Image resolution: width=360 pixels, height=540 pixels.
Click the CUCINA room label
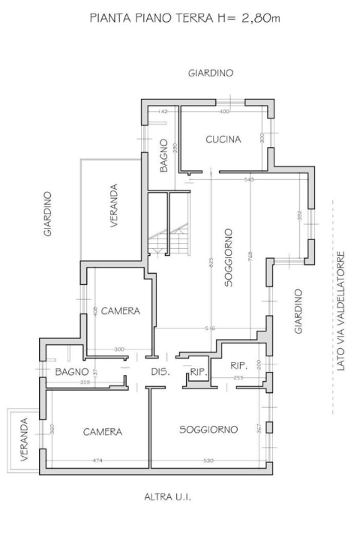tap(223, 139)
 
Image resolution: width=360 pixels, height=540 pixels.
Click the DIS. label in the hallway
tap(160, 372)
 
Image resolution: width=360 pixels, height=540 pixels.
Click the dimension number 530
tap(208, 460)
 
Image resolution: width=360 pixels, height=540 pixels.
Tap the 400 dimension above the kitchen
tap(223, 112)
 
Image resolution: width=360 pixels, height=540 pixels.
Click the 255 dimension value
tap(238, 378)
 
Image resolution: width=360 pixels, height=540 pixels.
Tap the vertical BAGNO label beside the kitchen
tap(164, 156)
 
